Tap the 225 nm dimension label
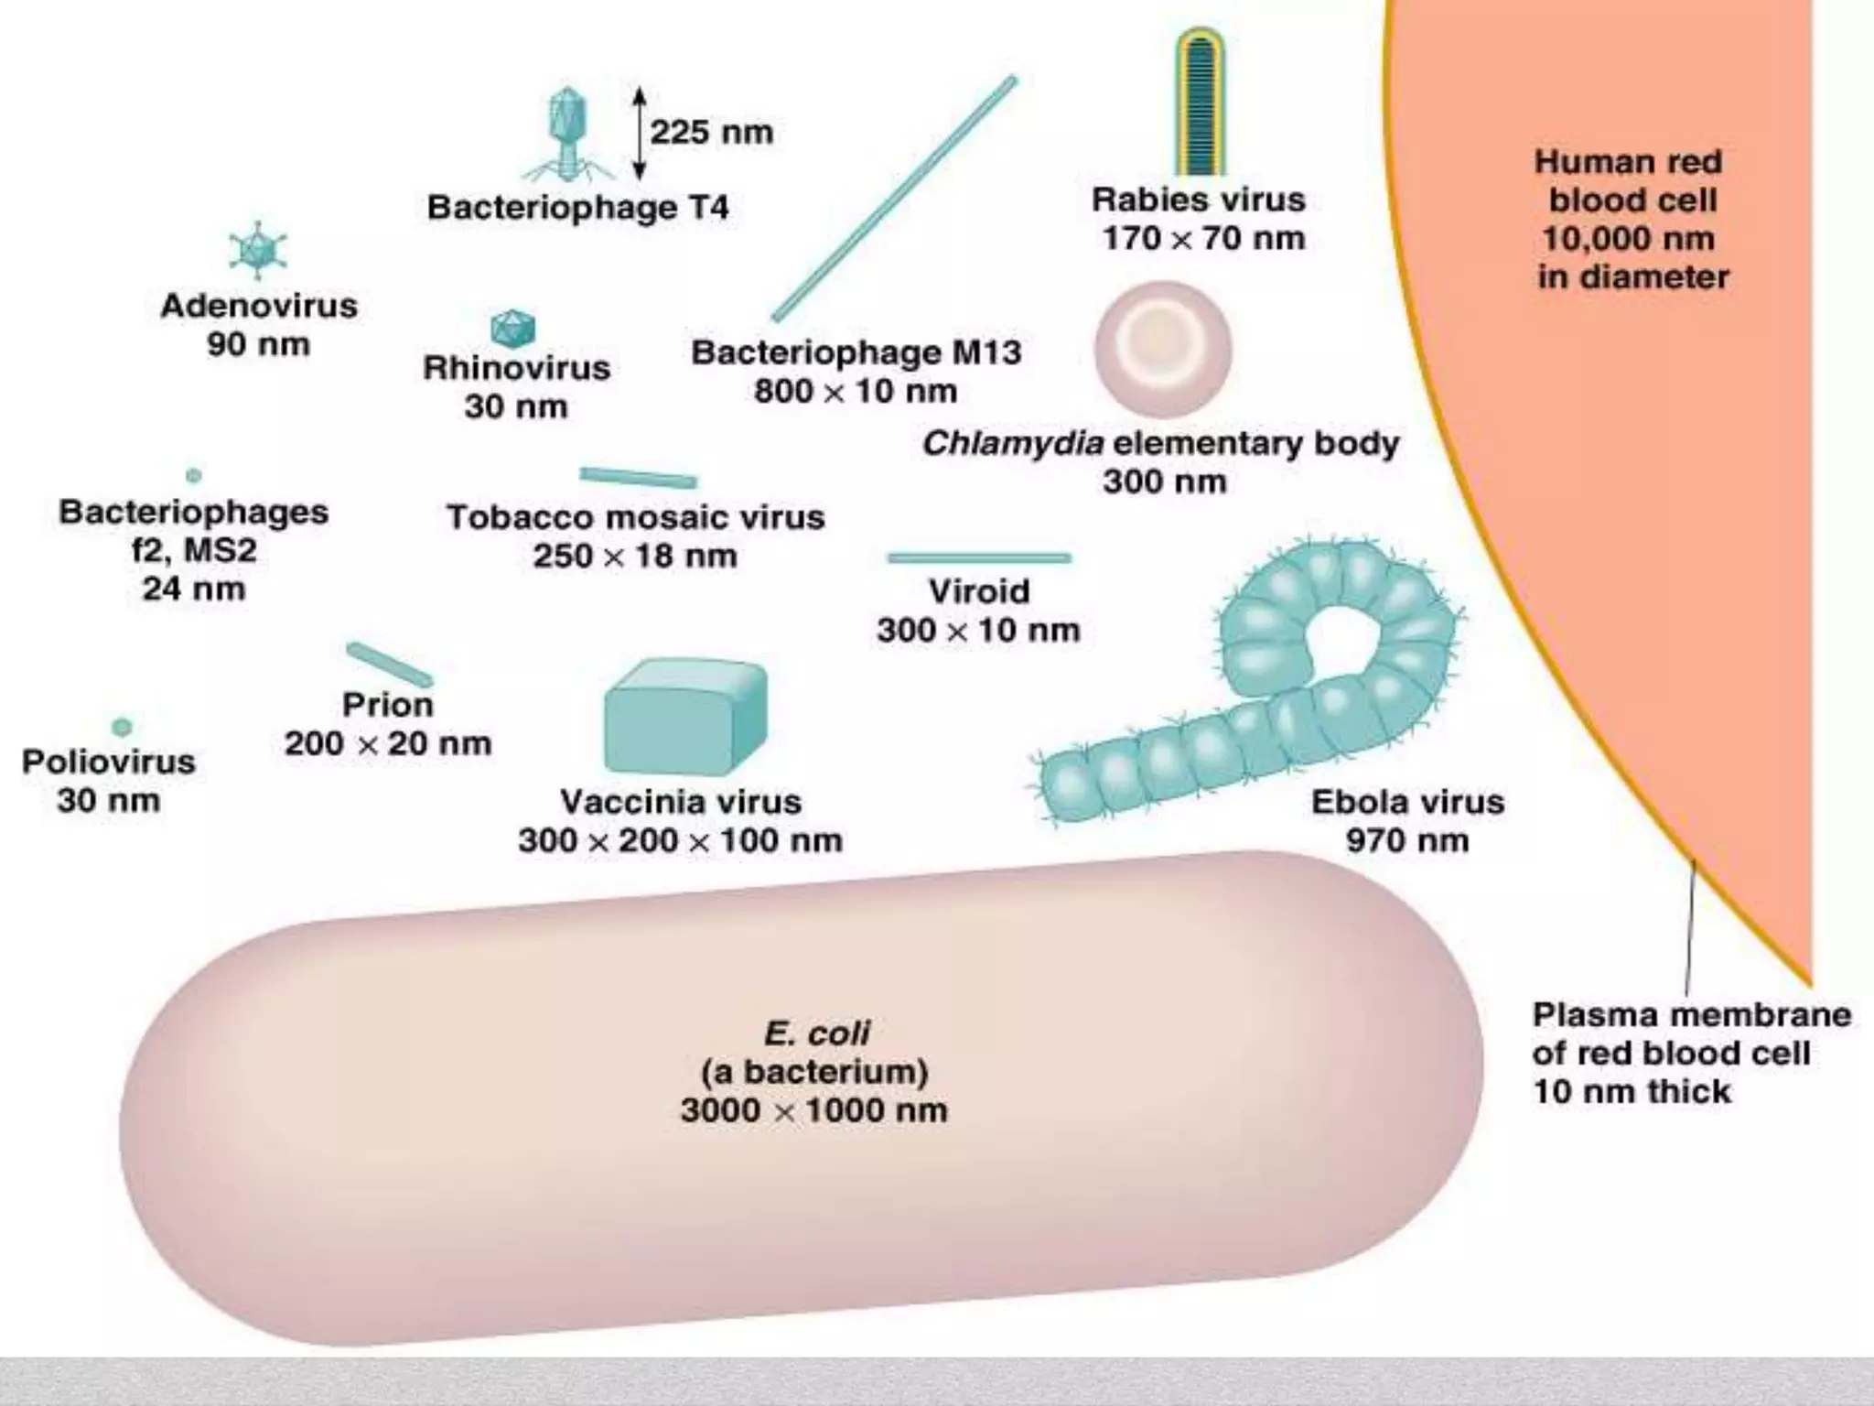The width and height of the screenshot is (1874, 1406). tap(711, 133)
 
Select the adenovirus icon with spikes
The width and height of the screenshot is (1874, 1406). tap(258, 250)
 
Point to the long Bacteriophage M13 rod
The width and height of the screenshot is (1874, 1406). tap(895, 200)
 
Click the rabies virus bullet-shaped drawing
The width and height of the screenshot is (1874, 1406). tap(1200, 103)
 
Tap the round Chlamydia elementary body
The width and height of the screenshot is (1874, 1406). tap(1163, 350)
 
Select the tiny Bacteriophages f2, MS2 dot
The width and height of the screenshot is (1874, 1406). tap(193, 475)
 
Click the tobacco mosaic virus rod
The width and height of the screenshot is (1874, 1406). tap(638, 477)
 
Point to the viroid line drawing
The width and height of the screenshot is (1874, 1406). tap(979, 557)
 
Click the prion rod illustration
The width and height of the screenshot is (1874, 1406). tap(390, 665)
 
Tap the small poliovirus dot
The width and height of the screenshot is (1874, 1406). tap(122, 727)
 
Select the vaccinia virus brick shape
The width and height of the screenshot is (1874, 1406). tap(684, 717)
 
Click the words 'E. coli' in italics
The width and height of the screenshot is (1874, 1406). tap(816, 1033)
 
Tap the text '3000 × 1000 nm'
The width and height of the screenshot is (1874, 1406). tap(814, 1110)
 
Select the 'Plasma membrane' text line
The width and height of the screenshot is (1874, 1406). tap(1691, 1014)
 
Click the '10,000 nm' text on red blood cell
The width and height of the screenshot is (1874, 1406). tap(1628, 239)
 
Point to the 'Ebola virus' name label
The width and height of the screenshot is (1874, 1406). tap(1407, 802)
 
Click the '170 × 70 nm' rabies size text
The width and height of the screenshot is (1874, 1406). tap(1202, 238)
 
